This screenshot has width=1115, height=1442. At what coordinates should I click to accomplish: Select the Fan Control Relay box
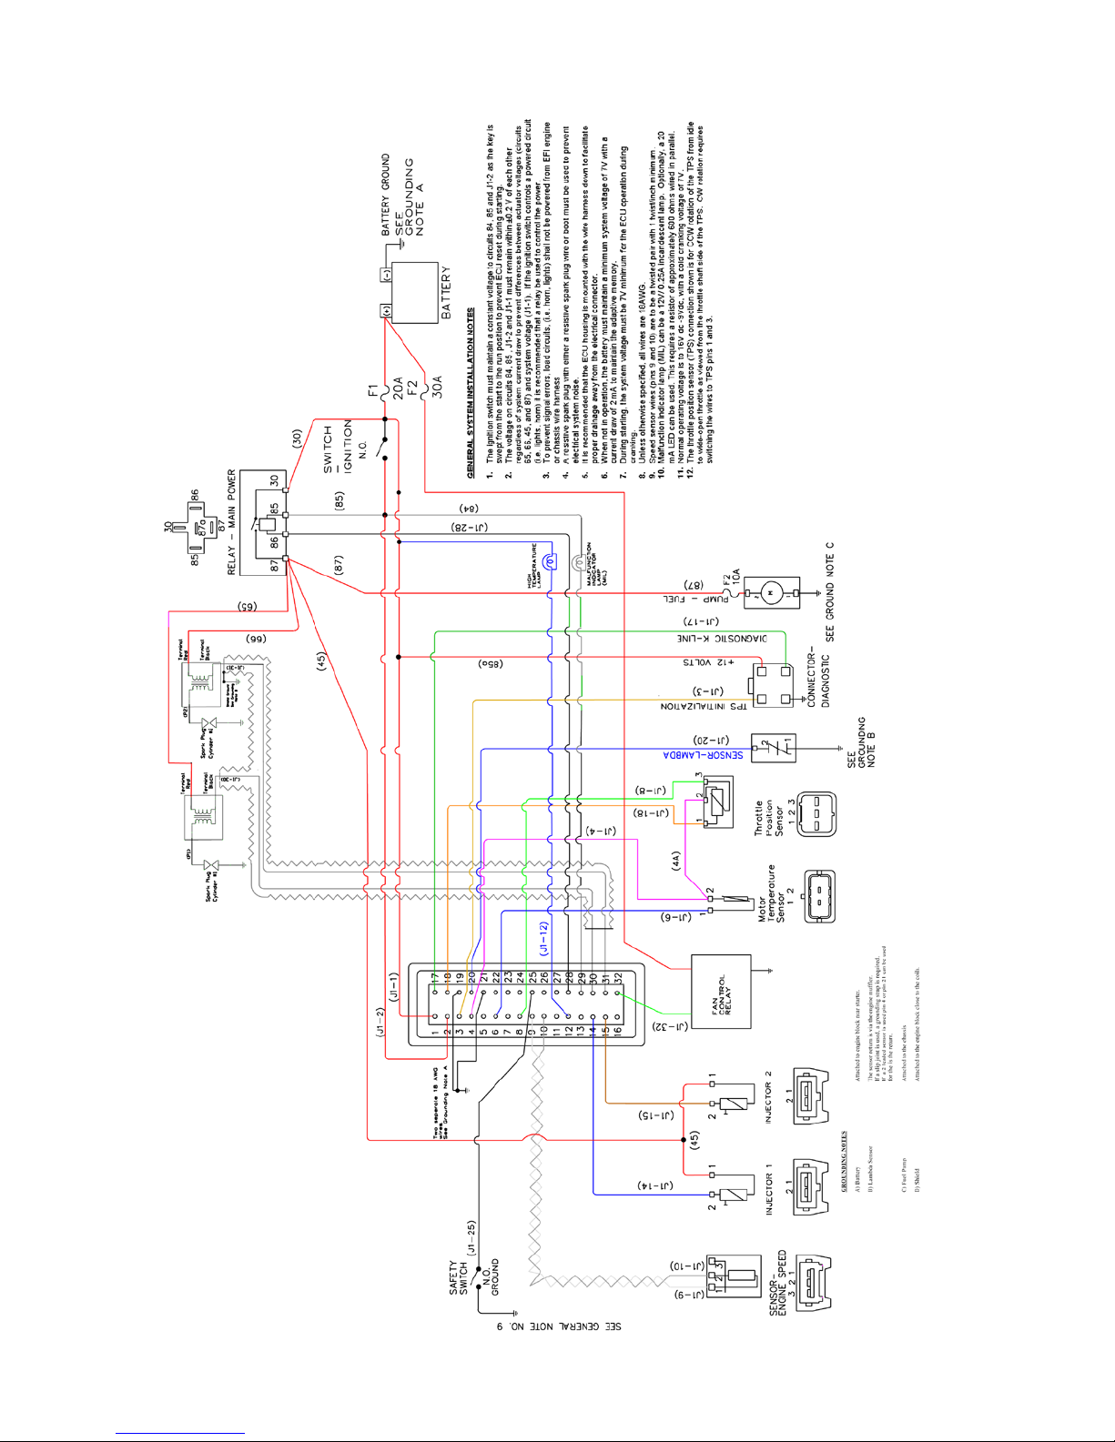[721, 991]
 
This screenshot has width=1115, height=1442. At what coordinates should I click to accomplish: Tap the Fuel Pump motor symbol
[771, 593]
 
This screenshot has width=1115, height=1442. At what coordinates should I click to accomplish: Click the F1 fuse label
[373, 391]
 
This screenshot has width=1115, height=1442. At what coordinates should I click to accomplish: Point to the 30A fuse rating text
[437, 386]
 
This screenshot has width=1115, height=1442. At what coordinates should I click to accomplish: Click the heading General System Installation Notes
[471, 393]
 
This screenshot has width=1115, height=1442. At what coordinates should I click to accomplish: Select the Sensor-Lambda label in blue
[702, 754]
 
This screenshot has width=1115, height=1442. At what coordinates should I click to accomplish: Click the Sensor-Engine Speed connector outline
[814, 1283]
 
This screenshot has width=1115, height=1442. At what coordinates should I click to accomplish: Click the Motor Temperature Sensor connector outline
[819, 895]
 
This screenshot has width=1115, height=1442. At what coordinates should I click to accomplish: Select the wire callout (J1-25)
[471, 1239]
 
